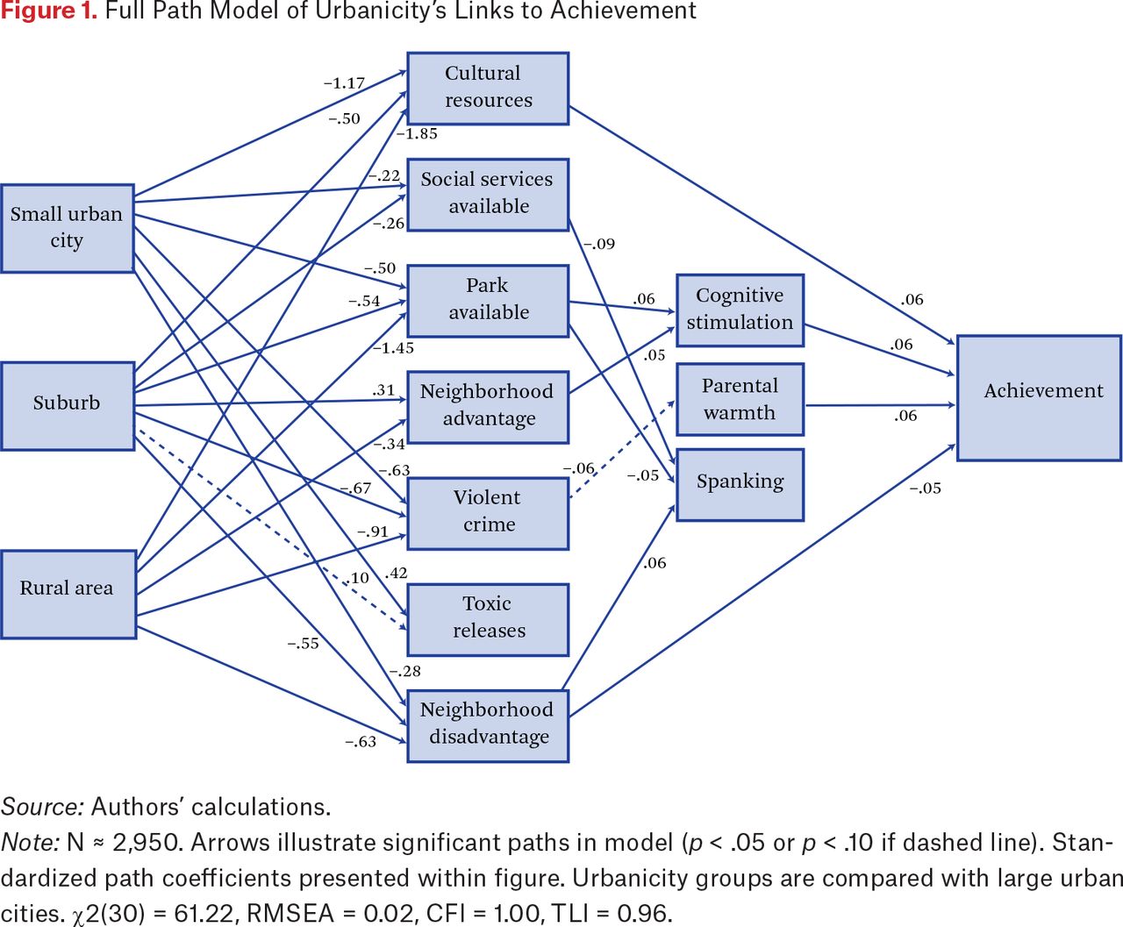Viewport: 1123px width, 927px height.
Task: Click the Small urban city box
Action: click(68, 229)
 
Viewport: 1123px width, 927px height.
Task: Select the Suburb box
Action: click(68, 406)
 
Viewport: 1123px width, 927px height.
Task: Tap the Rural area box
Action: click(68, 594)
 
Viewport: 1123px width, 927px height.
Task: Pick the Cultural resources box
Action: click(488, 89)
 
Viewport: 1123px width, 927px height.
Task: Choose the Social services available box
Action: click(488, 195)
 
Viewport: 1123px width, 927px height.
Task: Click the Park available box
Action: click(488, 301)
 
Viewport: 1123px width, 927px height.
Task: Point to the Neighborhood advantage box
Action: click(488, 407)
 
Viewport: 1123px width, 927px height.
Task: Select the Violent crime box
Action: click(488, 514)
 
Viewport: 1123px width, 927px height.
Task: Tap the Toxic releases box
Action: click(488, 619)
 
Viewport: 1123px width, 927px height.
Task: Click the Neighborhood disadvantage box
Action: click(488, 726)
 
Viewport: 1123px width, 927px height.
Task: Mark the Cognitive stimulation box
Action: click(740, 310)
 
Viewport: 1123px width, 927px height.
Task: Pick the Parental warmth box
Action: click(740, 399)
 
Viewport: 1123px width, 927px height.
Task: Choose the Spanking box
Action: click(740, 484)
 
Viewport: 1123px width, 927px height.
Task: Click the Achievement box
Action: click(1039, 398)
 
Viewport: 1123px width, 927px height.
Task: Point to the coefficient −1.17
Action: click(344, 83)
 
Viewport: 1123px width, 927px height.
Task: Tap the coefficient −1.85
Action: click(417, 133)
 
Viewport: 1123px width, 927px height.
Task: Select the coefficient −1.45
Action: click(394, 348)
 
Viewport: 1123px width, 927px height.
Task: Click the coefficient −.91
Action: click(373, 531)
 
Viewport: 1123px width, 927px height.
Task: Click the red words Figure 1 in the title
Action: click(49, 11)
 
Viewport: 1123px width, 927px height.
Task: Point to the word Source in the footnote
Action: click(42, 807)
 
